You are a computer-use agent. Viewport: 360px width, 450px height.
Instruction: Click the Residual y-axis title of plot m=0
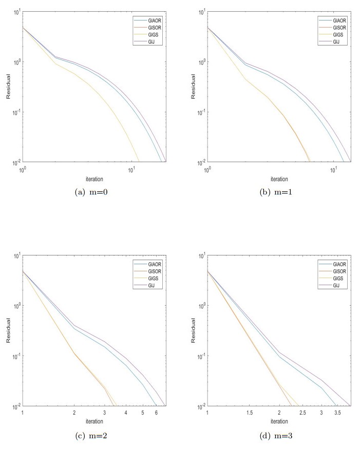coord(8,87)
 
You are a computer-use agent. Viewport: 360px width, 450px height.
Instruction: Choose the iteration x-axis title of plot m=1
coord(279,179)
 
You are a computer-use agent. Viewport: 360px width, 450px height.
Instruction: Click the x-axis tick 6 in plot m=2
coord(155,413)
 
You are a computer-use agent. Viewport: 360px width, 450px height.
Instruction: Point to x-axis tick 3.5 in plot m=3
coord(337,413)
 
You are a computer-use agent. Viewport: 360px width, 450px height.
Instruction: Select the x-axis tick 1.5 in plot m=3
coord(250,413)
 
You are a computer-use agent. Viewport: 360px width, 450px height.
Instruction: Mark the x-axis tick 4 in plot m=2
coord(126,413)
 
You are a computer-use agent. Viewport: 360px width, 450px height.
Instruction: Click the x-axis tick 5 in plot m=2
coord(142,413)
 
